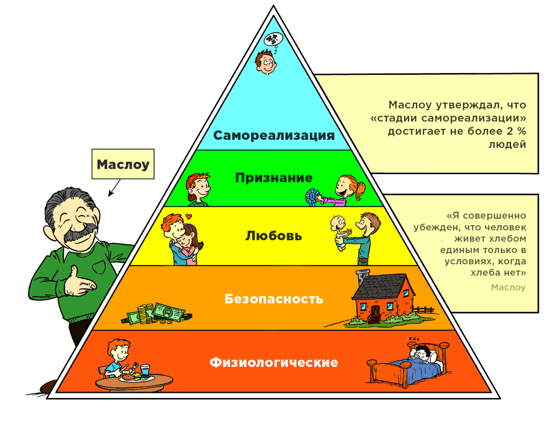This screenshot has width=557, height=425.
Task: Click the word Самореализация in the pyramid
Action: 274,135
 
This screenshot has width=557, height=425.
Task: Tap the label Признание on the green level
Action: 273,178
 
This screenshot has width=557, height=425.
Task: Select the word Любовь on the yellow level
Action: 273,236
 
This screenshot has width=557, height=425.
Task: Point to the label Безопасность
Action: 273,299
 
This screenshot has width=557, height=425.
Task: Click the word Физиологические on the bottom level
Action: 273,362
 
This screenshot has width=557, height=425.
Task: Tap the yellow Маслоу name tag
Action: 123,164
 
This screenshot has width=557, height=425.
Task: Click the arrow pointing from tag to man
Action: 113,188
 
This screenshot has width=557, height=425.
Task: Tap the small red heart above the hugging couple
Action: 188,216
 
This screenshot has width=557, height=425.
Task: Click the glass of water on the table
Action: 145,371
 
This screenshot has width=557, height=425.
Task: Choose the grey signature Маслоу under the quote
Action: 508,288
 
